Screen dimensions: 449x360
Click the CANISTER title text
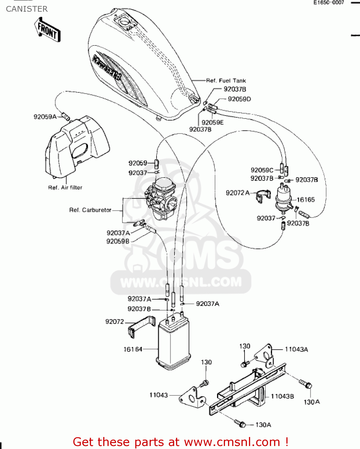pyautogui.click(x=27, y=9)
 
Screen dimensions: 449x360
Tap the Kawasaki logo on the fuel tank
pyautogui.click(x=107, y=68)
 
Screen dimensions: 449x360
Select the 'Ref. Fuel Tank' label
pyautogui.click(x=226, y=81)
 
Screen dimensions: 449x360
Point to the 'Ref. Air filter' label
pyautogui.click(x=65, y=188)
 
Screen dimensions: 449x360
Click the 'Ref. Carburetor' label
pyautogui.click(x=90, y=210)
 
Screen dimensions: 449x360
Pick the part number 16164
pyautogui.click(x=133, y=349)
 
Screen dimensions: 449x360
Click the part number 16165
pyautogui.click(x=306, y=200)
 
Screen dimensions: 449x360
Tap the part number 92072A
pyautogui.click(x=238, y=193)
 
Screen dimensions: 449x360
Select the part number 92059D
pyautogui.click(x=239, y=99)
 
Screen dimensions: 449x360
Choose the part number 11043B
pyautogui.click(x=282, y=396)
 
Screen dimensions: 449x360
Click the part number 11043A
pyautogui.click(x=296, y=349)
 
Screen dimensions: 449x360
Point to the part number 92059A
pyautogui.click(x=45, y=117)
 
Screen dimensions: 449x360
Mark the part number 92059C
pyautogui.click(x=262, y=170)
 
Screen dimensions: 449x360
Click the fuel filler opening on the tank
pyautogui.click(x=125, y=22)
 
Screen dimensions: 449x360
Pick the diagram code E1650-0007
pyautogui.click(x=329, y=3)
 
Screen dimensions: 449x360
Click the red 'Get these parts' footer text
pyautogui.click(x=180, y=442)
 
